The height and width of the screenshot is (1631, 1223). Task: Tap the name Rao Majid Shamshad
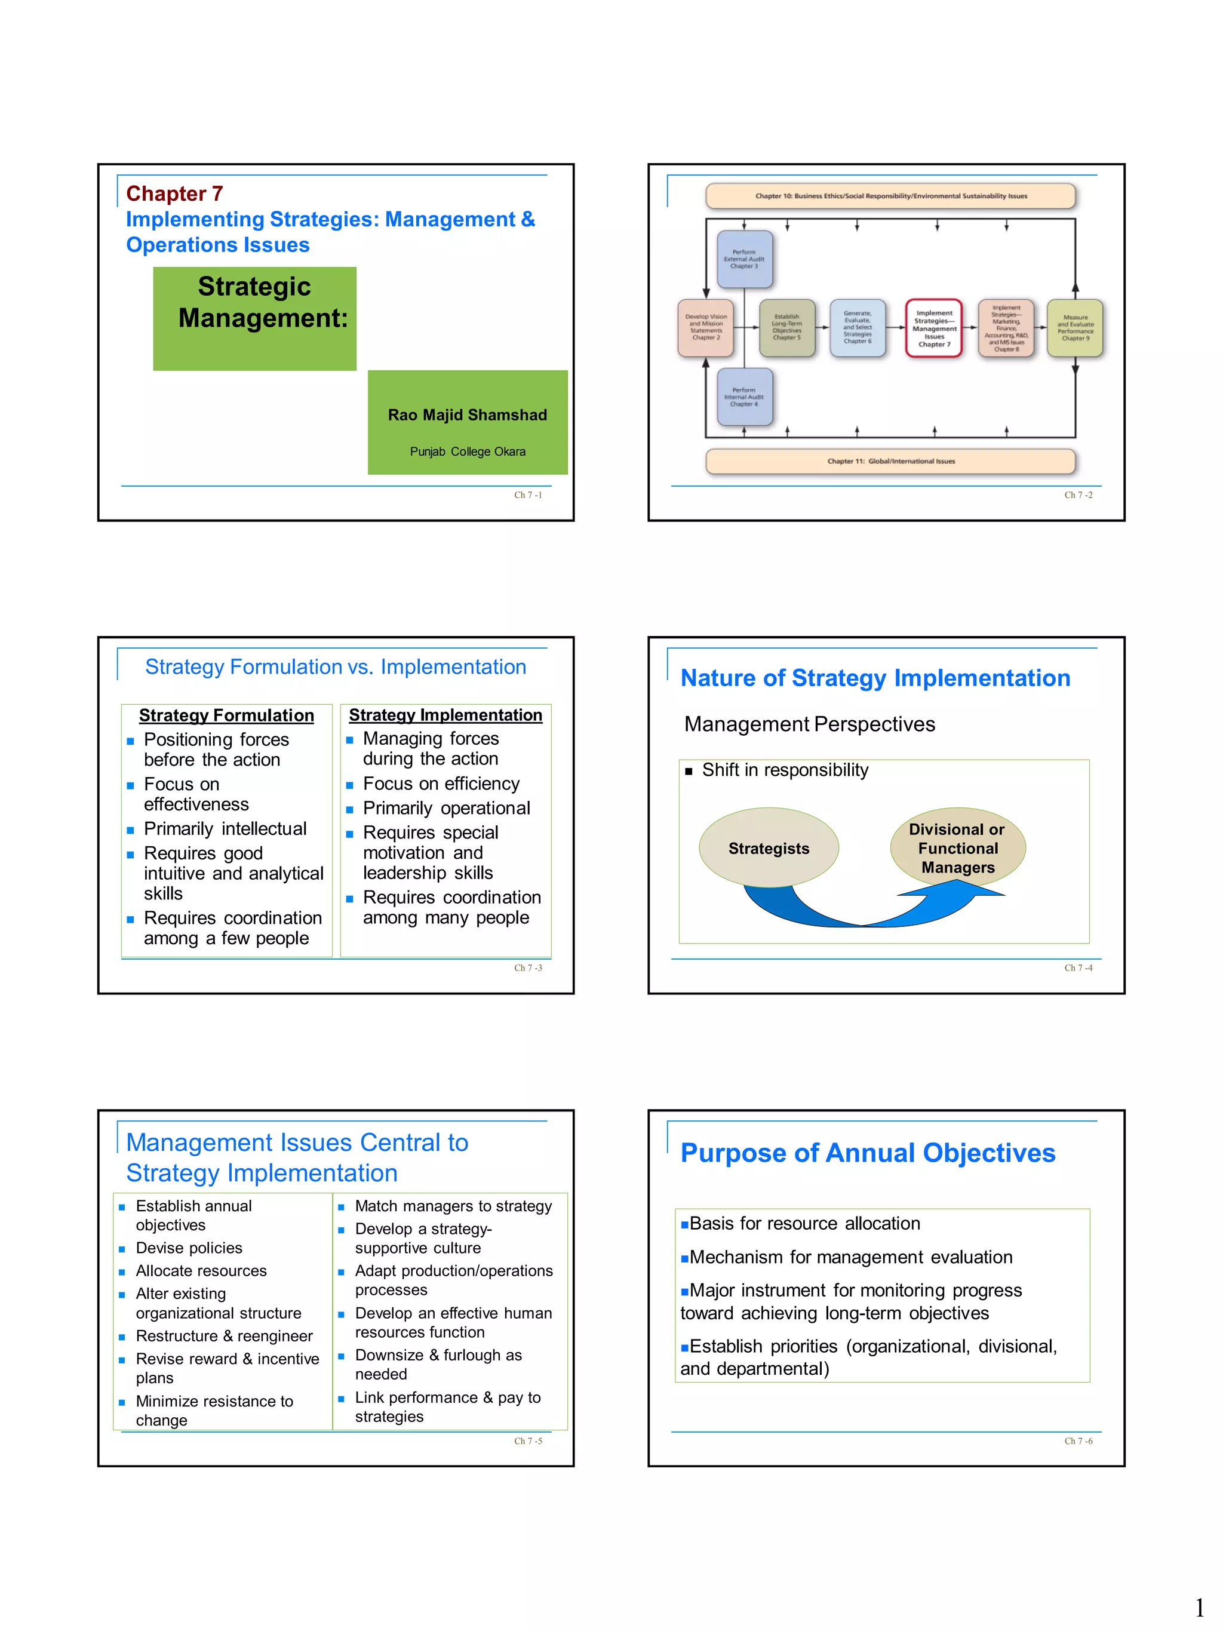coord(468,415)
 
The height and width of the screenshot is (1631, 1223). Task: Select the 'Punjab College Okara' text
coord(468,451)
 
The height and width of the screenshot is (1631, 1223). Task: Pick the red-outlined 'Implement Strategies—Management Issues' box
coord(933,328)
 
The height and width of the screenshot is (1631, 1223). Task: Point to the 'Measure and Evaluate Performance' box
coord(1075,328)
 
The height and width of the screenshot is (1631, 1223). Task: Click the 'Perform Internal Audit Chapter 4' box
coord(744,397)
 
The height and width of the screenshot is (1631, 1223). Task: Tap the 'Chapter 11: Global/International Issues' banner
coord(890,461)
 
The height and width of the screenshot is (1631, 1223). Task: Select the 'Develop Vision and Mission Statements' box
coord(705,327)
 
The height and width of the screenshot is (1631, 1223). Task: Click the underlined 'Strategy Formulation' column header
coord(226,715)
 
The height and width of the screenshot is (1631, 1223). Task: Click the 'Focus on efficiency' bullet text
coord(441,783)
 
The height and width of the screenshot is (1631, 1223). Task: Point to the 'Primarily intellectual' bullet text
coord(225,829)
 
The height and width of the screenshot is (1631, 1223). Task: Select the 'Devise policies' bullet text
coord(189,1248)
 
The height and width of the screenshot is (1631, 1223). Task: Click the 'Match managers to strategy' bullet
coord(453,1206)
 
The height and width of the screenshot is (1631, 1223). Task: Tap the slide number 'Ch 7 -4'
coord(1078,968)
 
